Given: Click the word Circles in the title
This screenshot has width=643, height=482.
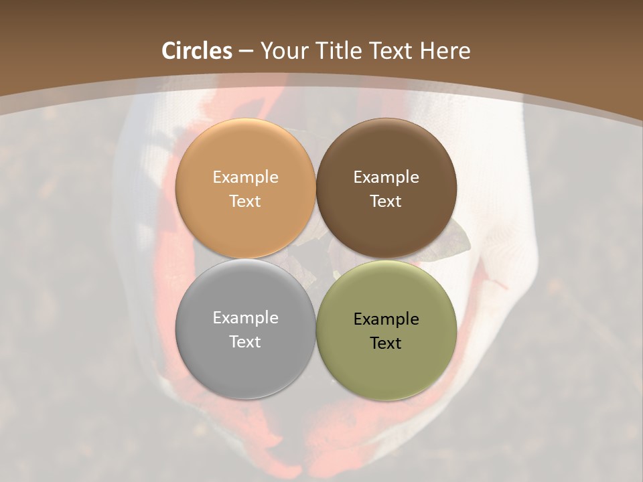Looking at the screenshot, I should (x=197, y=51).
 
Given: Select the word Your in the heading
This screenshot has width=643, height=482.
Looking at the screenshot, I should (x=283, y=51).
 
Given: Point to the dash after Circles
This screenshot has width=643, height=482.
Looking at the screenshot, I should (x=246, y=52).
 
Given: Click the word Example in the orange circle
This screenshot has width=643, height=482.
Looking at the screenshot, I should (x=245, y=177).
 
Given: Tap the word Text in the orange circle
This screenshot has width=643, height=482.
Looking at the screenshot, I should (x=245, y=202).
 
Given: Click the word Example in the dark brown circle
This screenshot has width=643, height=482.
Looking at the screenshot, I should (x=386, y=177).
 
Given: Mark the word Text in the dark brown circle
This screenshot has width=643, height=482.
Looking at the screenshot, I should (x=386, y=202).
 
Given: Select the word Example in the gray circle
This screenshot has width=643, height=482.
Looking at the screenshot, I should (x=245, y=318).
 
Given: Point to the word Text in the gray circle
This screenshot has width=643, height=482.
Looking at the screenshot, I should (x=245, y=342).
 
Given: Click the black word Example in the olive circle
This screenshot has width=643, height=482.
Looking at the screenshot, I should (x=386, y=319).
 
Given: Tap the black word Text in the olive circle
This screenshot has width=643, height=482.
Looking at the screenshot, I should (x=386, y=343).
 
